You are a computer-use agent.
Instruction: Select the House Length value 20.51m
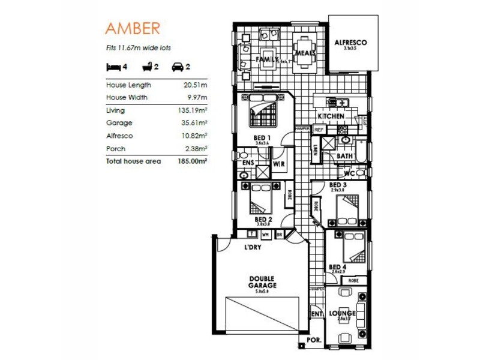[x=196, y=85]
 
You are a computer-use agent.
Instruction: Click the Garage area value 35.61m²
[x=195, y=123]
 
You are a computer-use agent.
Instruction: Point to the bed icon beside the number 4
[x=113, y=67]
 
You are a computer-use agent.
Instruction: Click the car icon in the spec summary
[x=178, y=67]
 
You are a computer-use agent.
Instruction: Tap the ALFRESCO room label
[x=350, y=43]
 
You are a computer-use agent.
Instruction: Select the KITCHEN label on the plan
[x=331, y=116]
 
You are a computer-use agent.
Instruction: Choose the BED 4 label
[x=337, y=267]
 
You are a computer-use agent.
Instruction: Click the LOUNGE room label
[x=343, y=313]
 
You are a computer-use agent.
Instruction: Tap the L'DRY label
[x=252, y=247]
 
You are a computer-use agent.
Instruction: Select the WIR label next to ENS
[x=278, y=163]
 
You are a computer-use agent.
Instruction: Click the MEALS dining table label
[x=305, y=53]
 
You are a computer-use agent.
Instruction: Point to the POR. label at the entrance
[x=314, y=340]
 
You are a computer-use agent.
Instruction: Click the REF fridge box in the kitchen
[x=319, y=129]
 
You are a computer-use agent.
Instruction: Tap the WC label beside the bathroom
[x=350, y=174]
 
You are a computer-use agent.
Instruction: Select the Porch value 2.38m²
[x=196, y=149]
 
